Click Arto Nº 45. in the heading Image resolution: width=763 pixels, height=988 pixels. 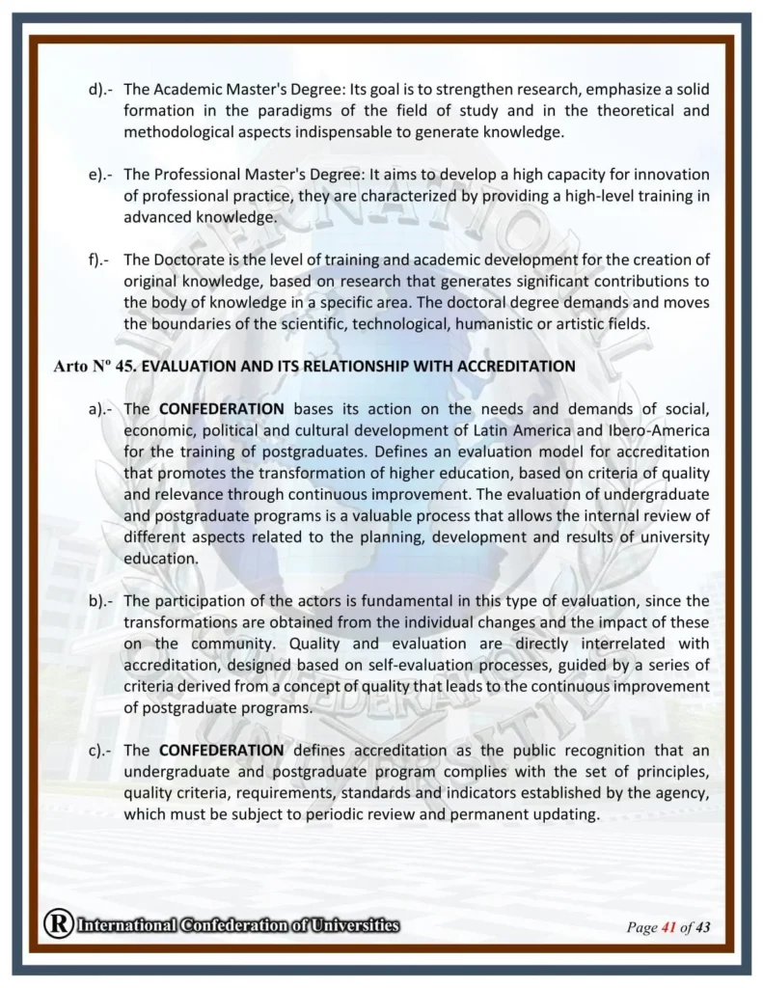click(x=95, y=366)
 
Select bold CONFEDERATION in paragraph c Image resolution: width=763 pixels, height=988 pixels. click(x=221, y=750)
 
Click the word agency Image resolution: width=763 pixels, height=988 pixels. click(x=682, y=792)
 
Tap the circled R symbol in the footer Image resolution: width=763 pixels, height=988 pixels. click(x=56, y=925)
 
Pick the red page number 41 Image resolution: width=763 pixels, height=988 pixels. click(x=668, y=928)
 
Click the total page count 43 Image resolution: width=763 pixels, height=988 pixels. click(x=702, y=928)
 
